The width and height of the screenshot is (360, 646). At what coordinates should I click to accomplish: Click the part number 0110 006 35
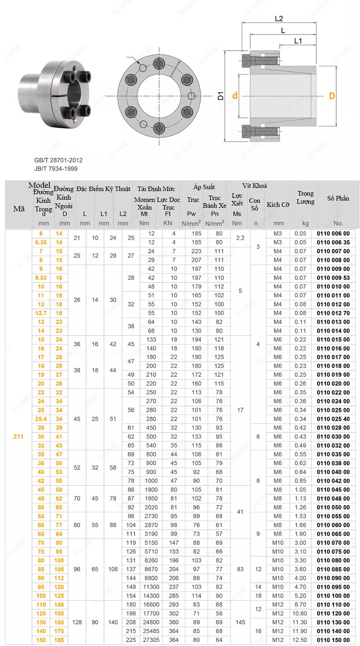click(333, 242)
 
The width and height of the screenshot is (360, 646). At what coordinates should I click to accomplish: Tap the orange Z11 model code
click(19, 437)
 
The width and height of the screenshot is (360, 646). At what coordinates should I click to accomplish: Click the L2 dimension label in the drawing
click(279, 18)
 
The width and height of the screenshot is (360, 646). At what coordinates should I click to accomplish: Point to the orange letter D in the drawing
click(332, 96)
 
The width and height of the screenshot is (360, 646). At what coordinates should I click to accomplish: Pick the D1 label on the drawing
click(220, 96)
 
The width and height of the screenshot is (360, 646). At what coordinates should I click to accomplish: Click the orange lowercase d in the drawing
click(235, 96)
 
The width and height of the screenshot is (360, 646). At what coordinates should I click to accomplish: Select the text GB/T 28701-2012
click(58, 160)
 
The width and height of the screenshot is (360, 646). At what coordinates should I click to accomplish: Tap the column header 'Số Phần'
click(338, 198)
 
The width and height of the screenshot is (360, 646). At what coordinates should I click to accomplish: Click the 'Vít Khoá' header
click(255, 185)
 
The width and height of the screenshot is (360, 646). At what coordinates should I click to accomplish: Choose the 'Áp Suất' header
click(204, 187)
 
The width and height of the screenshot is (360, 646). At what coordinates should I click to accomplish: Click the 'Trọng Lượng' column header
click(306, 198)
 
